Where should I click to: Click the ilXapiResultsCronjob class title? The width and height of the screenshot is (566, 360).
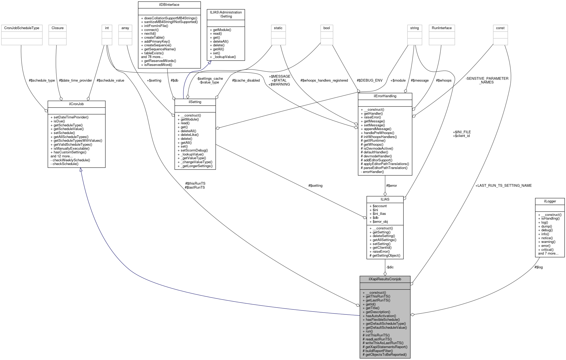click(x=385, y=279)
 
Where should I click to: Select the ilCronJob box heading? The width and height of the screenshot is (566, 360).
click(x=76, y=104)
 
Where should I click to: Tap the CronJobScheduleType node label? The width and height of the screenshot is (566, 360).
click(x=22, y=28)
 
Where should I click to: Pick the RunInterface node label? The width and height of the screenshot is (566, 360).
click(x=442, y=28)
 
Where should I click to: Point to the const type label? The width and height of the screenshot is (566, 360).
click(x=500, y=28)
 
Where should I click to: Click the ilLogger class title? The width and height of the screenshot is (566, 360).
click(x=550, y=201)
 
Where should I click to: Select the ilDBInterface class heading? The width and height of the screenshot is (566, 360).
click(x=169, y=5)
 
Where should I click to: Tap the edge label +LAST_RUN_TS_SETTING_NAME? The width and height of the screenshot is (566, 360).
click(x=503, y=185)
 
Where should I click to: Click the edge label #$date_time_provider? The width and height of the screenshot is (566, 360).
click(x=75, y=80)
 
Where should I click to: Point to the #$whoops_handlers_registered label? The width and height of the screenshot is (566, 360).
click(x=324, y=80)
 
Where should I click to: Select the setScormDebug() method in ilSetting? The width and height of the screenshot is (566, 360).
click(x=194, y=150)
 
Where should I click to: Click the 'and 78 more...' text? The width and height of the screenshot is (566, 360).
click(x=152, y=57)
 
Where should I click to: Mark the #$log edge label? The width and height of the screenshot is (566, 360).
click(x=538, y=267)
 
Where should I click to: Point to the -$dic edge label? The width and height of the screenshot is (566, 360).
click(x=390, y=267)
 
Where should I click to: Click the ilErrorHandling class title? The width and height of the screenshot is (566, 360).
click(x=385, y=96)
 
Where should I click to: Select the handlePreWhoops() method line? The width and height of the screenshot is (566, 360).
click(x=379, y=133)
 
